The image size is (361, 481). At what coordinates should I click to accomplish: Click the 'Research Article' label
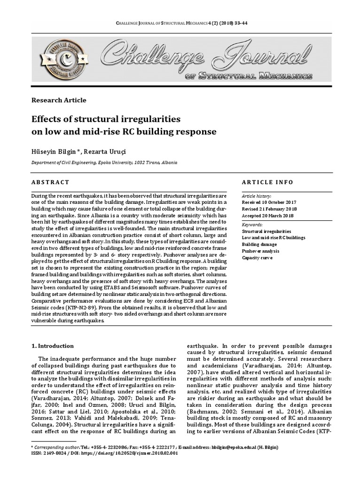click(59, 100)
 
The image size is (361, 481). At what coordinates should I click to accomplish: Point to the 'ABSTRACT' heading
click(50, 182)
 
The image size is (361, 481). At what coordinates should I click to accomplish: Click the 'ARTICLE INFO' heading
click(267, 182)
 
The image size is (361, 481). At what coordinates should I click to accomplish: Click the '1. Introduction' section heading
click(52, 346)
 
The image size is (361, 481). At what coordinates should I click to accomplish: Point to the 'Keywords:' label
click(252, 225)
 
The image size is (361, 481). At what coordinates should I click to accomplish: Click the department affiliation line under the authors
click(104, 162)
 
